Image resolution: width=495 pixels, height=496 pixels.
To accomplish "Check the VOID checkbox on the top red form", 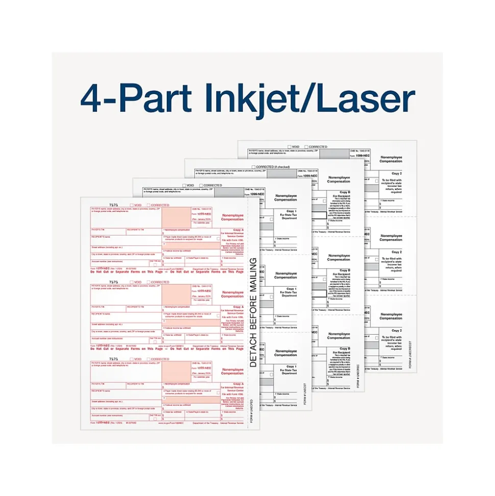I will click(x=132, y=205).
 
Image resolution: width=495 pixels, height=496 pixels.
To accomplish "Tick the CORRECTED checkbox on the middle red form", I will click(x=148, y=282).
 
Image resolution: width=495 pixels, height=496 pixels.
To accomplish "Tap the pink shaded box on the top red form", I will click(x=176, y=217).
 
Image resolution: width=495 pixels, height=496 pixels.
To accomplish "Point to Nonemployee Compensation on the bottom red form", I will click(x=232, y=371).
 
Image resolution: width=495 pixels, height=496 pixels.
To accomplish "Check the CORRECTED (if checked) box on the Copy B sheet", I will click(x=254, y=167).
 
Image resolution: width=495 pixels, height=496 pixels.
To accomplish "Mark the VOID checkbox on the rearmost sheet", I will click(x=289, y=147).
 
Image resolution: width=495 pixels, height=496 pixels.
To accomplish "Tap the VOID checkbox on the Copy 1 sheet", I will click(x=185, y=185).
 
